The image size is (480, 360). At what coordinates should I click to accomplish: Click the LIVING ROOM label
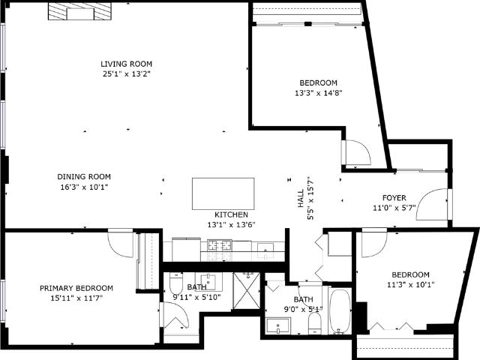pyautogui.click(x=127, y=64)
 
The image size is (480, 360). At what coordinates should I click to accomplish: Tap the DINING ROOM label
pyautogui.click(x=84, y=177)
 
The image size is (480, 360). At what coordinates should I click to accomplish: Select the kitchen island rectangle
pyautogui.click(x=223, y=193)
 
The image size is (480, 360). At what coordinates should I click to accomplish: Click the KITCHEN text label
pyautogui.click(x=231, y=214)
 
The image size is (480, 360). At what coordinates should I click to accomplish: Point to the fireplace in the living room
pyautogui.click(x=79, y=12)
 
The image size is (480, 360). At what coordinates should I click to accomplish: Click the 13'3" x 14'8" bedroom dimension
pyautogui.click(x=318, y=93)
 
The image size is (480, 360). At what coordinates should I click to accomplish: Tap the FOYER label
pyautogui.click(x=394, y=198)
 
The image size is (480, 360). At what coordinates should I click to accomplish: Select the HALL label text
pyautogui.click(x=301, y=198)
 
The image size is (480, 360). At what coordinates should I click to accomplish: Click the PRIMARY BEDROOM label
pyautogui.click(x=76, y=288)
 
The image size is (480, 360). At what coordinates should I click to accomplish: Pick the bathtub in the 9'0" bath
pyautogui.click(x=340, y=310)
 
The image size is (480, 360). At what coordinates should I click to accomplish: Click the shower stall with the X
pyautogui.click(x=247, y=290)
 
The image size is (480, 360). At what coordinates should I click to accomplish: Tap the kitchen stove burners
pyautogui.click(x=220, y=245)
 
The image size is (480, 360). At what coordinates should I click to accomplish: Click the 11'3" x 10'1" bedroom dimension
pyautogui.click(x=411, y=285)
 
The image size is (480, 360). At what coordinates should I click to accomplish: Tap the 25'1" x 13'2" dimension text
pyautogui.click(x=127, y=73)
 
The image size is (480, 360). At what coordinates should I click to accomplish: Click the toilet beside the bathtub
pyautogui.click(x=314, y=323)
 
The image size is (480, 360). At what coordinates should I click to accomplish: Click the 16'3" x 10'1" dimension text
pyautogui.click(x=84, y=187)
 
